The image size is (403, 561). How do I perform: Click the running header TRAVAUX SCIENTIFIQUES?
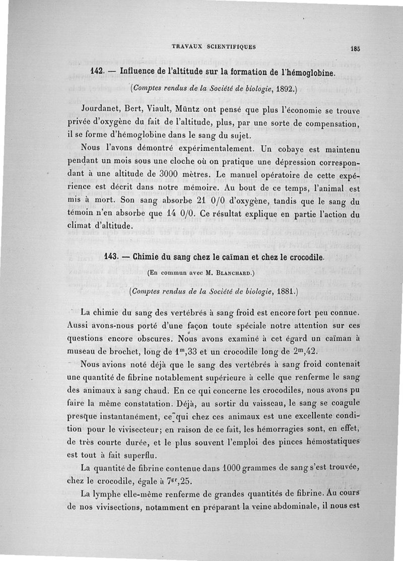click(x=214, y=47)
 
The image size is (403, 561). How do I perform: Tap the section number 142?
click(x=97, y=72)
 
